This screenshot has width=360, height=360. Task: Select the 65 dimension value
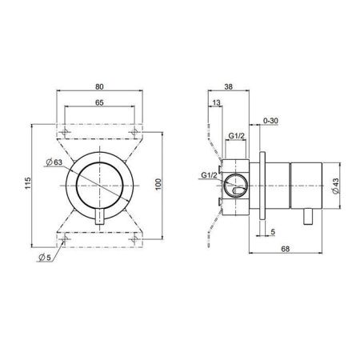click(x=100, y=104)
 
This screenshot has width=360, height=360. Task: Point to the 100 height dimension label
click(x=159, y=183)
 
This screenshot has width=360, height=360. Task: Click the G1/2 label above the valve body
click(x=236, y=136)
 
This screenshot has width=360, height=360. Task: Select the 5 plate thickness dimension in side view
click(x=274, y=234)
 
